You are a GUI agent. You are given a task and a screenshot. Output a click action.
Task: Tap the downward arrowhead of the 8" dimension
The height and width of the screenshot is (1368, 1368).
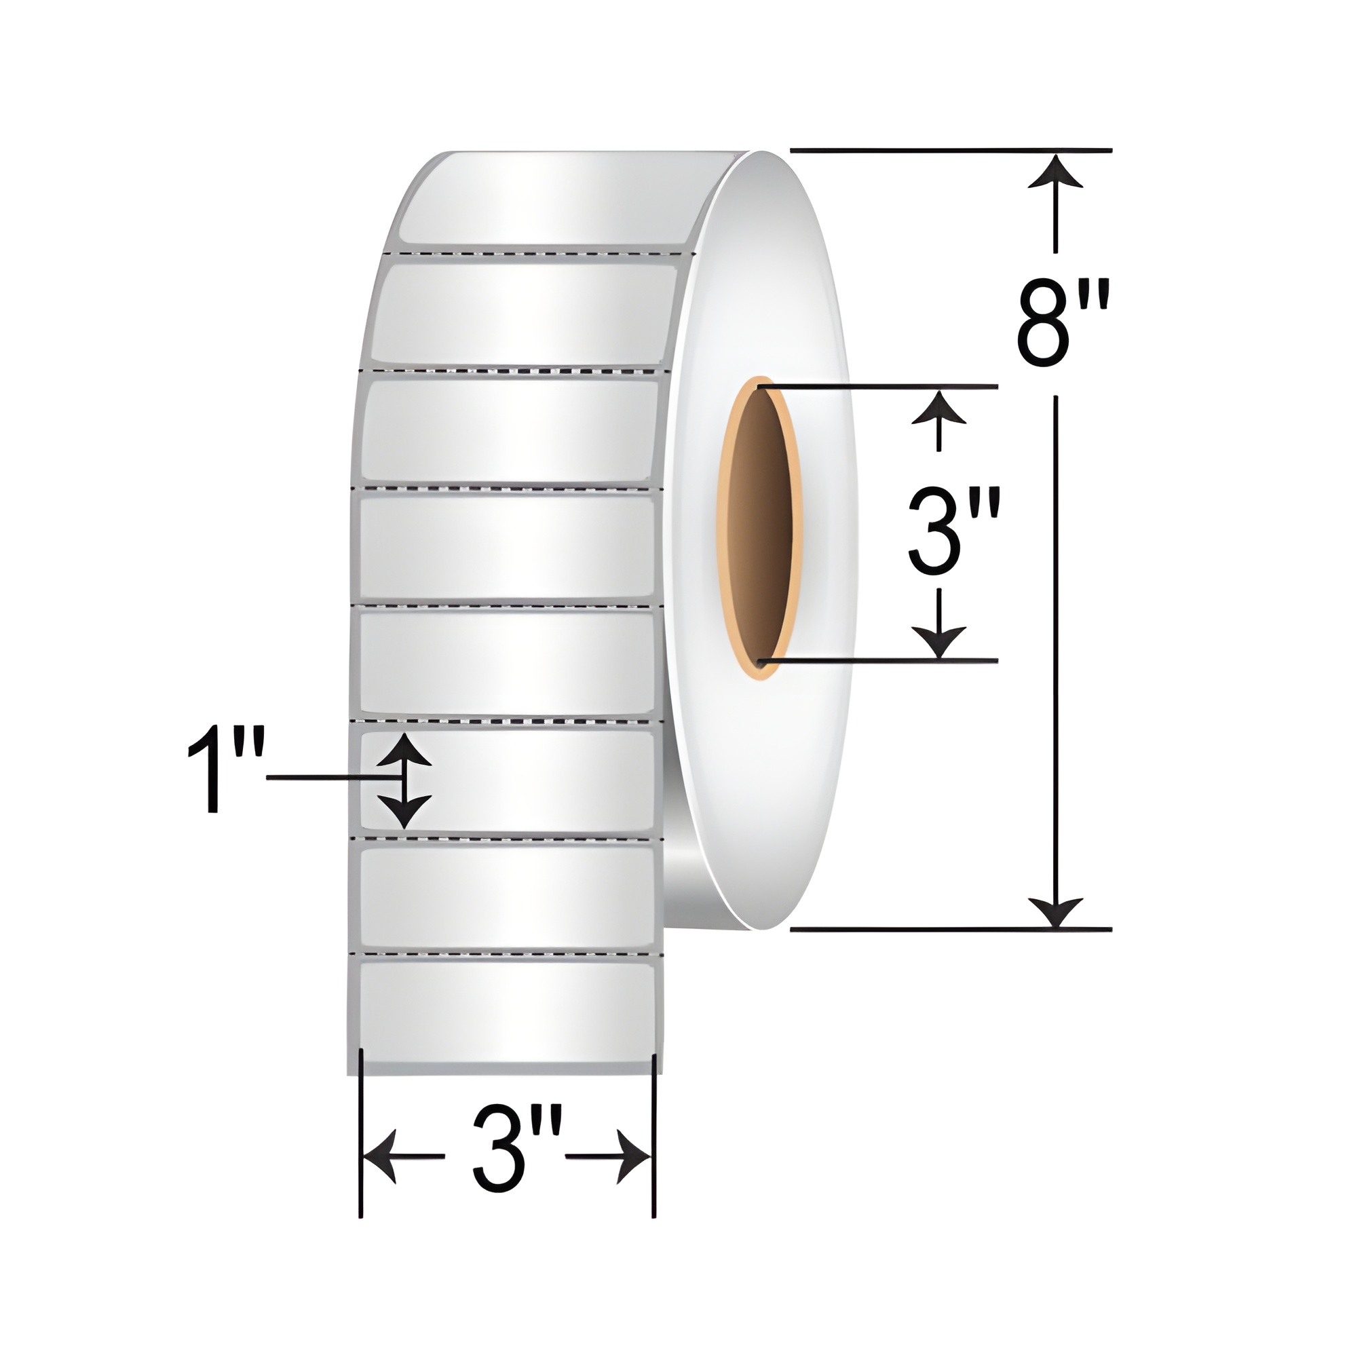1056,912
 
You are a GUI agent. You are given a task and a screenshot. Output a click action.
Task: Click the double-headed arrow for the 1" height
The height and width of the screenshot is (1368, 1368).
404,780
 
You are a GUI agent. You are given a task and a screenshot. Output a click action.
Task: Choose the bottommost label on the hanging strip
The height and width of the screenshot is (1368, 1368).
506,1012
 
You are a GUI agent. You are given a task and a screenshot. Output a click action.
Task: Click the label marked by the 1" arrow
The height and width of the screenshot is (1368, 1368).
524,779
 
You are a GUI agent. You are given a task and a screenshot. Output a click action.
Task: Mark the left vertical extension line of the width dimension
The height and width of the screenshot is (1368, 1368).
361,1126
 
